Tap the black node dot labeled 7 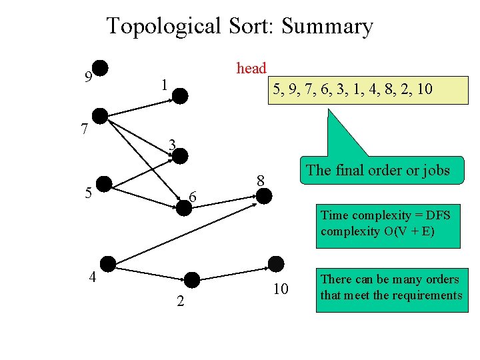click(99, 115)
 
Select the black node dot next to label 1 click(181, 96)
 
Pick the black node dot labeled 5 click(104, 185)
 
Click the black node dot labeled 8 click(265, 196)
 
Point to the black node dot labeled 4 click(107, 265)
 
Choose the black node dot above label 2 click(192, 280)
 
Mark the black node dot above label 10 click(275, 264)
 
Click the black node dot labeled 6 click(184, 207)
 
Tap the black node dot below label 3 click(181, 155)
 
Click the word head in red click(251, 69)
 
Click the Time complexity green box click(386, 223)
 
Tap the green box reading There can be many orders click(391, 287)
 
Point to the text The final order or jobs click(377, 170)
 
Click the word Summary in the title click(327, 27)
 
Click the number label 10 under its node click(281, 289)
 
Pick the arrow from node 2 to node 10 click(233, 272)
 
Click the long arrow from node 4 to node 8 click(187, 230)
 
